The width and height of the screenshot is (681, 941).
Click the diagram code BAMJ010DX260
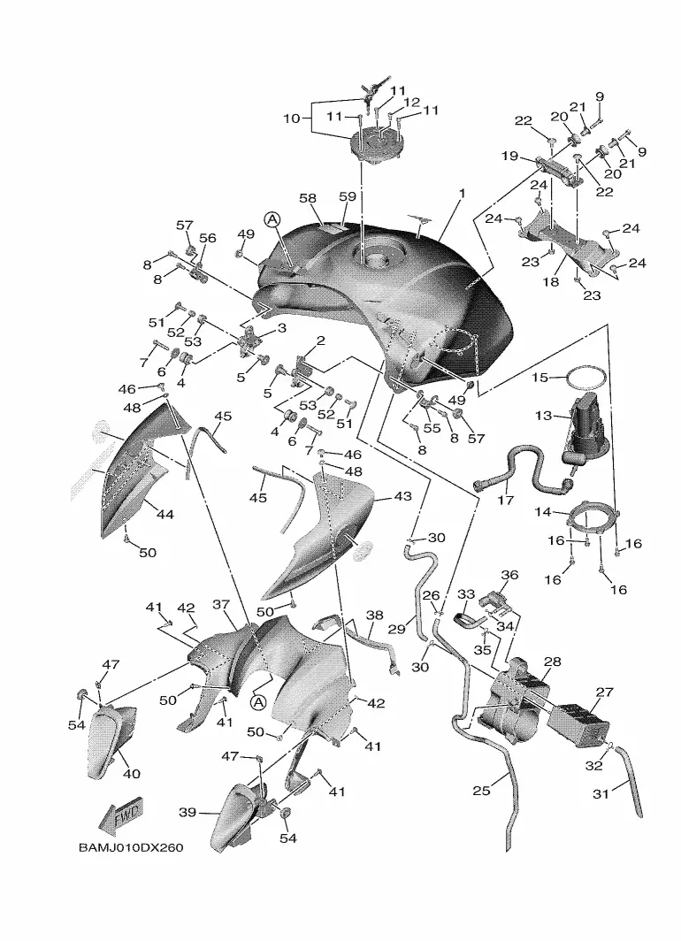click(131, 848)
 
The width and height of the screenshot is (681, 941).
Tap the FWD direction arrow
click(120, 815)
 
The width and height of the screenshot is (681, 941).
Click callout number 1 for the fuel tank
click(462, 194)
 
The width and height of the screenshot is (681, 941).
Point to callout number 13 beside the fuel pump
click(543, 416)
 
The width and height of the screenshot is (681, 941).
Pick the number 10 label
click(292, 119)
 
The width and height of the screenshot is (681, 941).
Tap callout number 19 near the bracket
click(509, 156)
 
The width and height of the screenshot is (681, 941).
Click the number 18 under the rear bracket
click(551, 281)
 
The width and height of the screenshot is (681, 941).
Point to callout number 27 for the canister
click(604, 692)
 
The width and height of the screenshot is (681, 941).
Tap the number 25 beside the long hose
click(481, 791)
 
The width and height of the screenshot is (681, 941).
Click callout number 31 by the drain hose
click(601, 794)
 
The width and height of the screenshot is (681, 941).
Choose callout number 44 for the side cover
click(165, 514)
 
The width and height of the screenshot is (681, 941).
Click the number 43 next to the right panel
click(402, 496)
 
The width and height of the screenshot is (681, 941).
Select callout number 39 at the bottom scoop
click(187, 812)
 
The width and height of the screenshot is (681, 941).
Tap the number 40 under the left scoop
click(132, 774)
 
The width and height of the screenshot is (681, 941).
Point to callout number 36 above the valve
click(509, 575)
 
